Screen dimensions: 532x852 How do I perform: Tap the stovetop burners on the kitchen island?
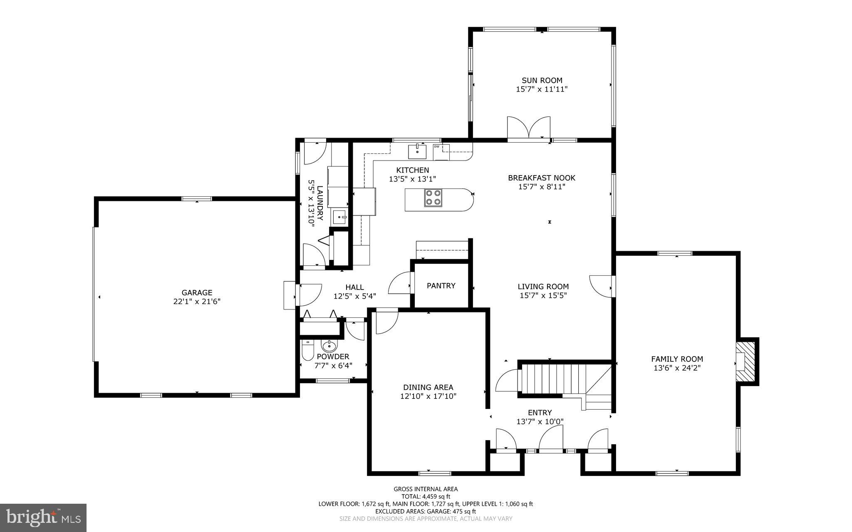[x=433, y=198]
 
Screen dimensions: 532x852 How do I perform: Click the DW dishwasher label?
[x=436, y=146]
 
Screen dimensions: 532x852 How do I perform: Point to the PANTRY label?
[x=441, y=286]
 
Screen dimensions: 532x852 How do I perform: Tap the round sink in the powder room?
[x=329, y=345]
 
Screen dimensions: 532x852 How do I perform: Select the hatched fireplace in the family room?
[x=746, y=361]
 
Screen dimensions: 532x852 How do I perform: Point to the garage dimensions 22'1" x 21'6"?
[x=196, y=302]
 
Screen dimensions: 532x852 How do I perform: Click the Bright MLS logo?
[x=43, y=517]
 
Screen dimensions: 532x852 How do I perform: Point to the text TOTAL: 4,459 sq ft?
[x=426, y=496]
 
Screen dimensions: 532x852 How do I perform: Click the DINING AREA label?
[x=428, y=387]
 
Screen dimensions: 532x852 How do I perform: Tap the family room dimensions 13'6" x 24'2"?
[x=677, y=368]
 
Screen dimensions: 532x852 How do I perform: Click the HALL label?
[x=354, y=287]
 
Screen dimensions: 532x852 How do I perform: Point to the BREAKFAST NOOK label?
[x=541, y=178]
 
